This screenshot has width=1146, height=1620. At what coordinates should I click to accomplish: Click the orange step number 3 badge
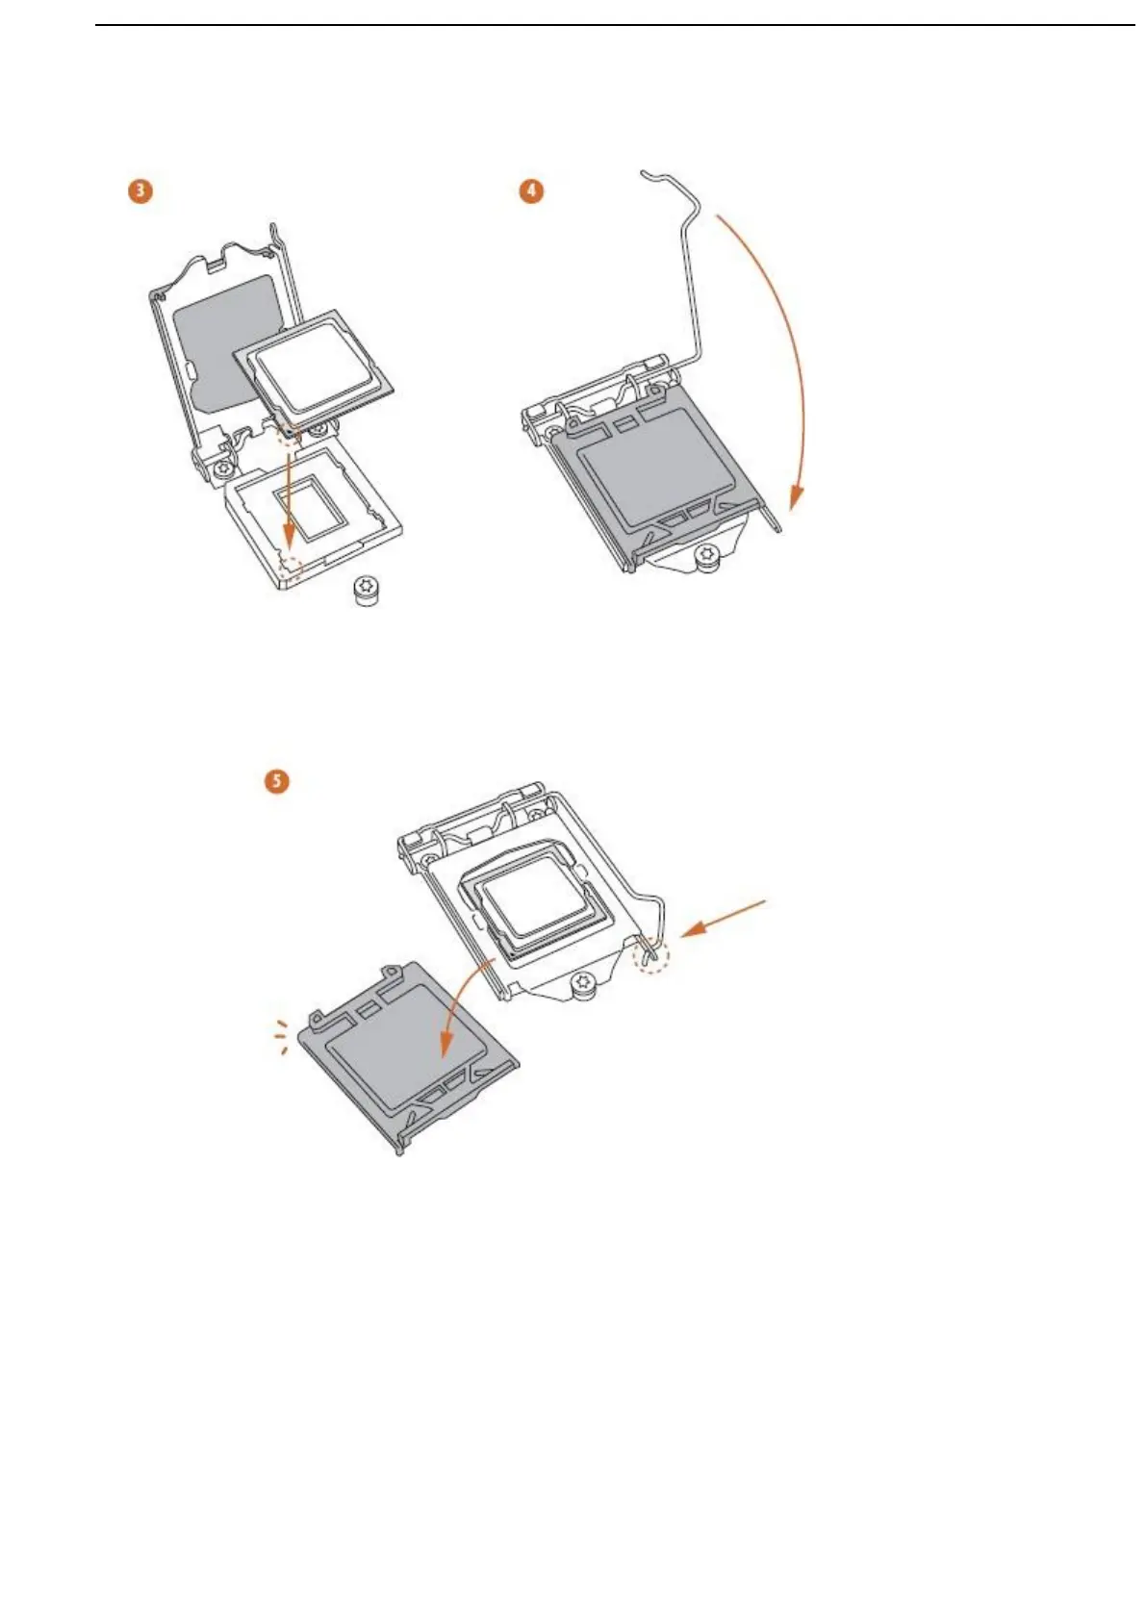140,190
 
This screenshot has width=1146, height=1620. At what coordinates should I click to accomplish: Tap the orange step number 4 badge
531,190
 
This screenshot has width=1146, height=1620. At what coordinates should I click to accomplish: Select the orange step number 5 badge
277,779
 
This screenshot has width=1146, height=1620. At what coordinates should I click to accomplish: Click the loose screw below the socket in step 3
367,589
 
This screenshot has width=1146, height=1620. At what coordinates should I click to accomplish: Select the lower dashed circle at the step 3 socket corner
289,567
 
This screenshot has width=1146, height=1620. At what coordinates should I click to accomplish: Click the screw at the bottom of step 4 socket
710,555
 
